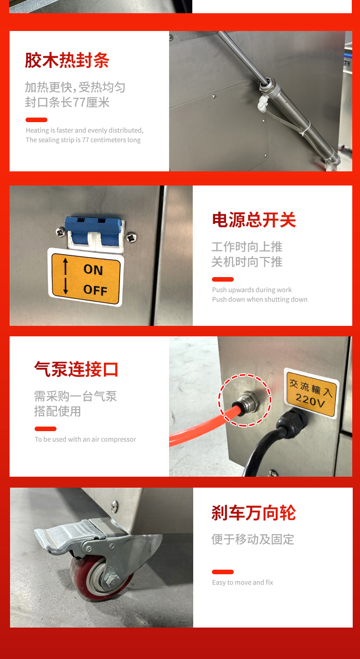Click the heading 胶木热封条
(x=67, y=60)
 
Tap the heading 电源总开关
(x=254, y=220)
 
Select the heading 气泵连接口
(x=76, y=369)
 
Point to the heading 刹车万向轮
(x=253, y=513)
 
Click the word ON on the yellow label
(x=93, y=270)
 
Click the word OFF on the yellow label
(x=95, y=290)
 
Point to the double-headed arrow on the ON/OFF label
(x=65, y=276)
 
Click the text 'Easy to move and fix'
(x=242, y=582)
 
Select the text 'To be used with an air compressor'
(x=85, y=439)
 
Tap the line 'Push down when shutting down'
(x=260, y=299)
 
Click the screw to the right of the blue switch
(x=131, y=237)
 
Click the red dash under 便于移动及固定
(x=223, y=572)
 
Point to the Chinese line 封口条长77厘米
(x=67, y=103)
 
